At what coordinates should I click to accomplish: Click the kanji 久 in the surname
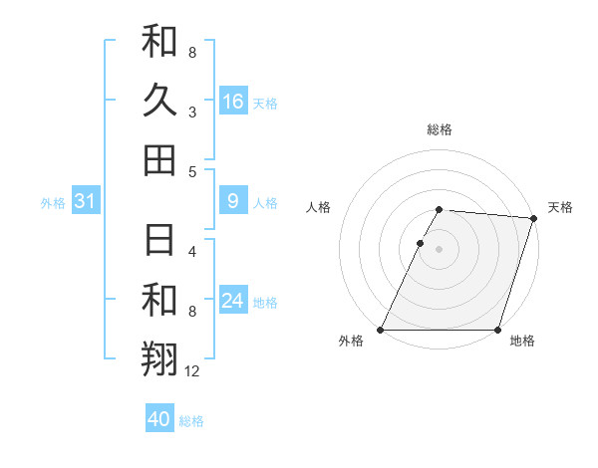pos(159,101)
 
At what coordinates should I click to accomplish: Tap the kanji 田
pos(159,159)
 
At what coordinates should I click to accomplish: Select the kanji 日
pos(159,241)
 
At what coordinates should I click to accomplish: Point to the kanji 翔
pos(159,357)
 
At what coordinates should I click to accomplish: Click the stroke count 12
pos(192,371)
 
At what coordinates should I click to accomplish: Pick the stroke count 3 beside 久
pos(192,113)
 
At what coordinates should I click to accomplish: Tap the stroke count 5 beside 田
pos(192,171)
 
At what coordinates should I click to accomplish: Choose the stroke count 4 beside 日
pos(192,252)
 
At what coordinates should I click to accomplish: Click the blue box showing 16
pos(232,102)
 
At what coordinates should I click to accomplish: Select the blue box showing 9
pos(232,202)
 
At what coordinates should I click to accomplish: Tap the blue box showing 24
pos(232,302)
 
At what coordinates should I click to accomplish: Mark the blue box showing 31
pos(85,202)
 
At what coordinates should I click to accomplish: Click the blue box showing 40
pos(159,419)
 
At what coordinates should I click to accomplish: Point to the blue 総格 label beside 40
pos(191,421)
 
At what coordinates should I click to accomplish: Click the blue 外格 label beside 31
pos(53,203)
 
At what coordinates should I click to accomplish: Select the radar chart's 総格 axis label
pos(439,129)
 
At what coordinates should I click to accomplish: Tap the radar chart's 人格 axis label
pos(319,207)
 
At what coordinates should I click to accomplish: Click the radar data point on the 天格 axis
pos(534,219)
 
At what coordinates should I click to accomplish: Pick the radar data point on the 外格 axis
pos(381,330)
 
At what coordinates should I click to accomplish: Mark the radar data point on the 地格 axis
pos(497,330)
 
